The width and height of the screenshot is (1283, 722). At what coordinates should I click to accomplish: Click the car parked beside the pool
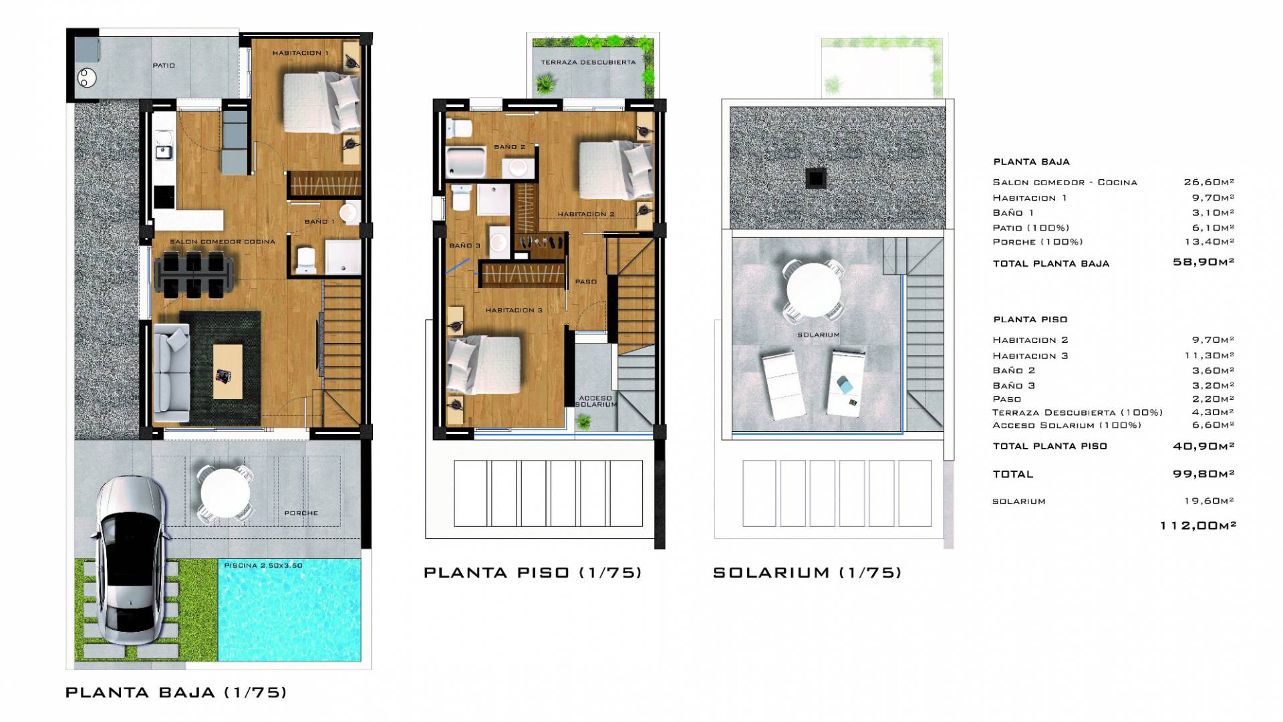pyautogui.click(x=130, y=560)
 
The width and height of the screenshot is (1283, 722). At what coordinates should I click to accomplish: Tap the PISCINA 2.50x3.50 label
pyautogui.click(x=263, y=566)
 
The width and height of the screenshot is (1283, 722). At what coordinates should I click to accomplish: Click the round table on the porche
pyautogui.click(x=225, y=493)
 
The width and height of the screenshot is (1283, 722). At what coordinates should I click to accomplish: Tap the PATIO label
pyautogui.click(x=164, y=66)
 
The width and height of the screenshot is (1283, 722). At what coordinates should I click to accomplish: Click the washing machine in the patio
pyautogui.click(x=86, y=78)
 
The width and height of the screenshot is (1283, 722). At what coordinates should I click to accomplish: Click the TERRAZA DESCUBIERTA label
pyautogui.click(x=588, y=62)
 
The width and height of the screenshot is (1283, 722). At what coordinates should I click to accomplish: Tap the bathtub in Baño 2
pyautogui.click(x=464, y=162)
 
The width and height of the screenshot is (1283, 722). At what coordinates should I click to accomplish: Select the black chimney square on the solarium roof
pyautogui.click(x=817, y=178)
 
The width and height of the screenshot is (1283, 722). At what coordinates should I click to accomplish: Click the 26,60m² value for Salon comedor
pyautogui.click(x=1209, y=182)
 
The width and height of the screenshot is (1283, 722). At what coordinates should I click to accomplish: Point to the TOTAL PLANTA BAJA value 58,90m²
pyautogui.click(x=1203, y=262)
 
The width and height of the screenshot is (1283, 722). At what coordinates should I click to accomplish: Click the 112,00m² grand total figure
pyautogui.click(x=1198, y=525)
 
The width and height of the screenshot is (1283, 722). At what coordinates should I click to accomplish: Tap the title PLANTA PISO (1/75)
pyautogui.click(x=533, y=572)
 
